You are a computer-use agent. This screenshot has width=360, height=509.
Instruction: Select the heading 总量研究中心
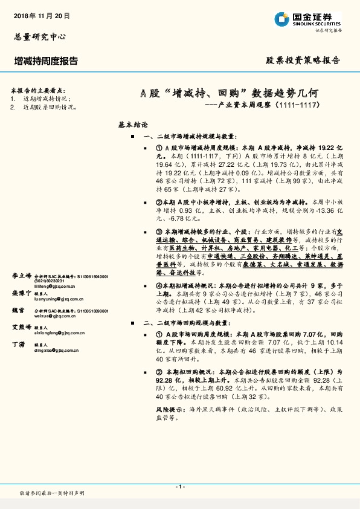tap(39, 36)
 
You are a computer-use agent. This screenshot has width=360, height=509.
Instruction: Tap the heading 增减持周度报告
tap(46, 61)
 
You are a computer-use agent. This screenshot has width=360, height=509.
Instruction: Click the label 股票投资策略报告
tap(303, 61)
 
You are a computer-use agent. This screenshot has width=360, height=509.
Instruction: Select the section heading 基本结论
tap(133, 125)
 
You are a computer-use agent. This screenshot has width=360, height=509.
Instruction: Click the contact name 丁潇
tap(19, 344)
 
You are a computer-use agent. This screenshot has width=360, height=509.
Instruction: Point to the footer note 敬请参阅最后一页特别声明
tap(52, 493)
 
